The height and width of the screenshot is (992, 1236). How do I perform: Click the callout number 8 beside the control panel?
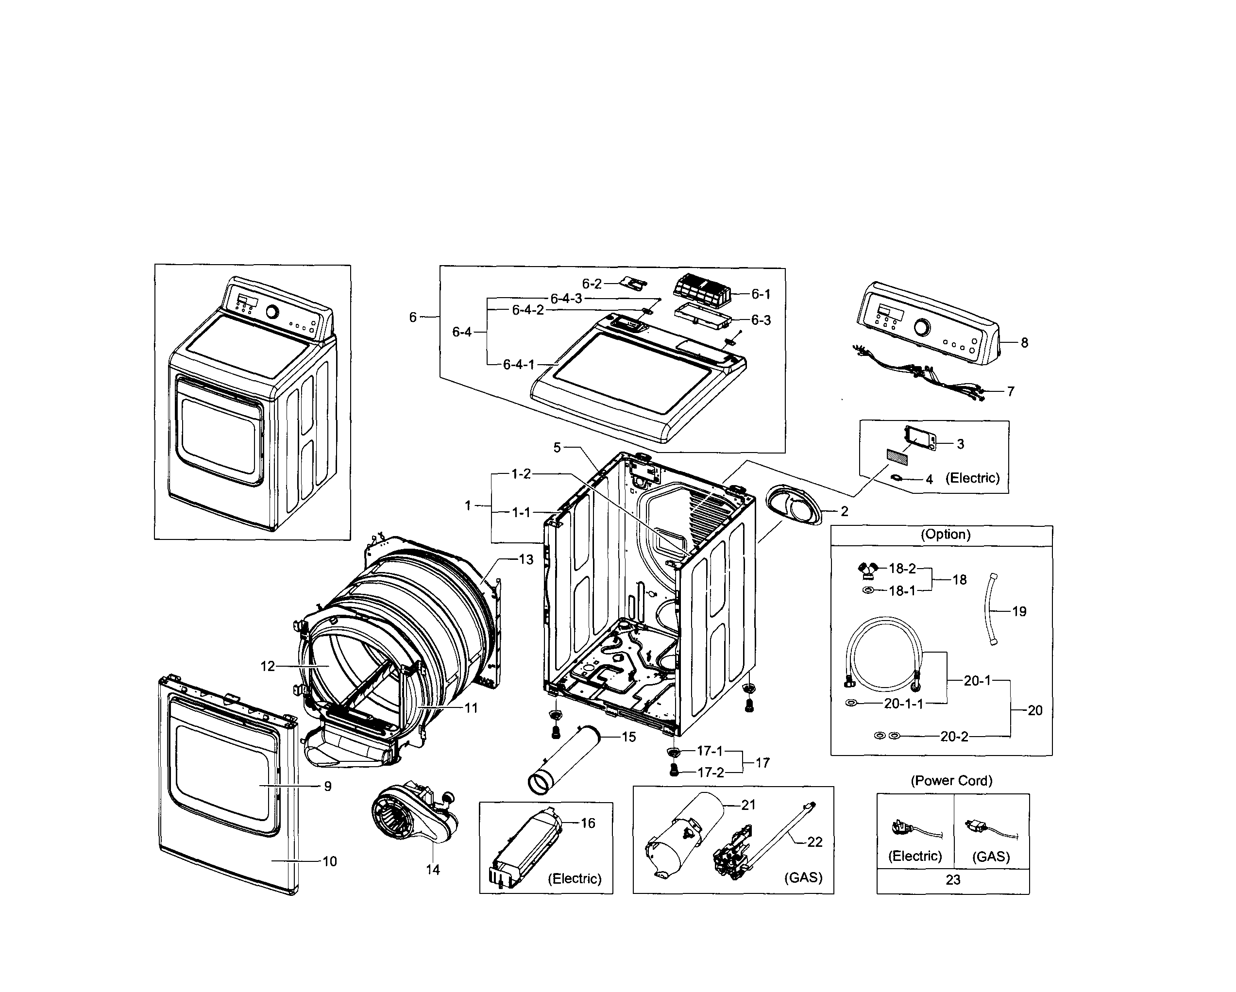[x=1024, y=343]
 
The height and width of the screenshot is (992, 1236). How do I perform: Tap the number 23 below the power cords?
[x=953, y=880]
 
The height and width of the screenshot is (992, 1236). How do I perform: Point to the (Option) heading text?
[x=946, y=534]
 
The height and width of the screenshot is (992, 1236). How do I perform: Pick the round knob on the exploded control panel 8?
[x=921, y=328]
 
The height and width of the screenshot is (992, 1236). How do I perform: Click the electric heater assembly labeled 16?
[x=525, y=848]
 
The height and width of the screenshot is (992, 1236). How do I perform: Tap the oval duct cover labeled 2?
[x=794, y=504]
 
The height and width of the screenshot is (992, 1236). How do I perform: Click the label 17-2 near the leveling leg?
[x=711, y=773]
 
